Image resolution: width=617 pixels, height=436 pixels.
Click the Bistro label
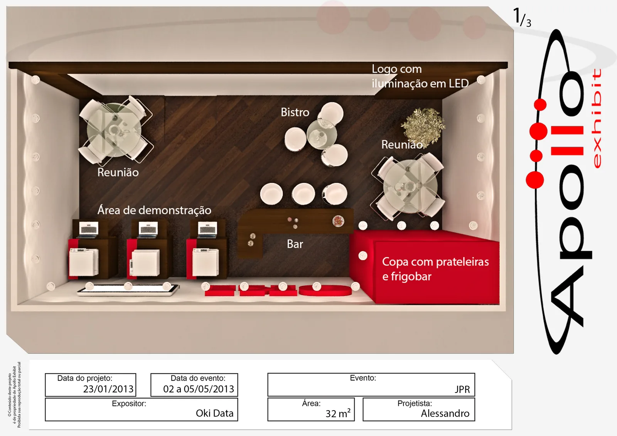tap(295, 112)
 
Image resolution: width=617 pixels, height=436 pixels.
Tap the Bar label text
tap(295, 244)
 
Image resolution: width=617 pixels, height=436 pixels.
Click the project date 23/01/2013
tap(108, 389)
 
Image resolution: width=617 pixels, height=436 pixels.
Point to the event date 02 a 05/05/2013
tap(198, 389)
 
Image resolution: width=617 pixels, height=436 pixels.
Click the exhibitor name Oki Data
tap(214, 413)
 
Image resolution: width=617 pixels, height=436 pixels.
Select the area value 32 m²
tap(338, 413)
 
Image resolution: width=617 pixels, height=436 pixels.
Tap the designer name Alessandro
tap(445, 413)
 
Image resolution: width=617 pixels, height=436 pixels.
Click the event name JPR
tap(462, 389)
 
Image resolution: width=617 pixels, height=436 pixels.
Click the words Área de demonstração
tap(154, 210)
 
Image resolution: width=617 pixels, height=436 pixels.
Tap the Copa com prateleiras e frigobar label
tap(435, 269)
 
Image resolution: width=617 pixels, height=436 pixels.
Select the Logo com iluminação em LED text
tap(420, 76)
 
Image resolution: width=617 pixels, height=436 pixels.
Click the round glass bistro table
tap(322, 134)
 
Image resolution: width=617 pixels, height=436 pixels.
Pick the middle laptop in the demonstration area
tap(148, 229)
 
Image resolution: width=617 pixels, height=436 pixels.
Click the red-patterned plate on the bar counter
tap(338, 221)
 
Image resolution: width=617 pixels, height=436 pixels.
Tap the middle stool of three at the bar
tap(303, 194)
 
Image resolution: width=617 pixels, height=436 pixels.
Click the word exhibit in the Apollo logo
tap(596, 118)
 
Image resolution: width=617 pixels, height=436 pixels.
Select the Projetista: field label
tap(415, 403)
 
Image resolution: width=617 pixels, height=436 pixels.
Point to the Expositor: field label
tap(129, 404)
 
